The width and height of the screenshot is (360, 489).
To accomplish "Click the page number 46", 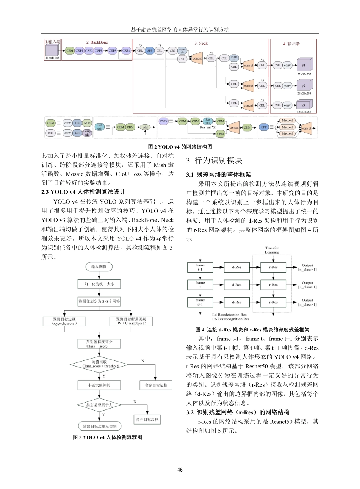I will (x=180, y=470).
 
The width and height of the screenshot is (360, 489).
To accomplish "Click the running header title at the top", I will (x=180, y=29).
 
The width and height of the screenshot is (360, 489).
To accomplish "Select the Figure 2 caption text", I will (x=180, y=147).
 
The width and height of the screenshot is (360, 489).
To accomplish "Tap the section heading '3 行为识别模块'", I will (x=214, y=161).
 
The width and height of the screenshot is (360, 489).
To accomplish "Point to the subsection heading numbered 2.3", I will (x=83, y=192).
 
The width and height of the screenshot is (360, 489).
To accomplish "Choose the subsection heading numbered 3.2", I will (x=238, y=412).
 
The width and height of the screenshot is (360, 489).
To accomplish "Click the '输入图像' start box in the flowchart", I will (x=99, y=267).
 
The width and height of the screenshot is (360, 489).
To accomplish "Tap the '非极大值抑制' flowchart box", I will (x=99, y=385).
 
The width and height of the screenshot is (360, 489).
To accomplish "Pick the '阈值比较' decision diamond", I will (x=99, y=364).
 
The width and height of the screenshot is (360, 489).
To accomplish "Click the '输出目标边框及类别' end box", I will (x=100, y=426).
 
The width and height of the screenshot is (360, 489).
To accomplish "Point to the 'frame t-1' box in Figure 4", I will (x=200, y=267).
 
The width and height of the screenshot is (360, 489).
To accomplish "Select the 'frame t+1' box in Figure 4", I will (x=200, y=302).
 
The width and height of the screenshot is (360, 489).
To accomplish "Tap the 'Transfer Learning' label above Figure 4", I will (x=272, y=250).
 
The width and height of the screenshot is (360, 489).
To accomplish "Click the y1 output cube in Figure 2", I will (x=304, y=65).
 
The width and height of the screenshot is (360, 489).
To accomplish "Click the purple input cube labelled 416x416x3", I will (x=52, y=51).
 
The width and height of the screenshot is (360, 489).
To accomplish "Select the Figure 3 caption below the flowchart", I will (x=108, y=437).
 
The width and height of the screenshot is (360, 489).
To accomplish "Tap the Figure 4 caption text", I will (x=252, y=330).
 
